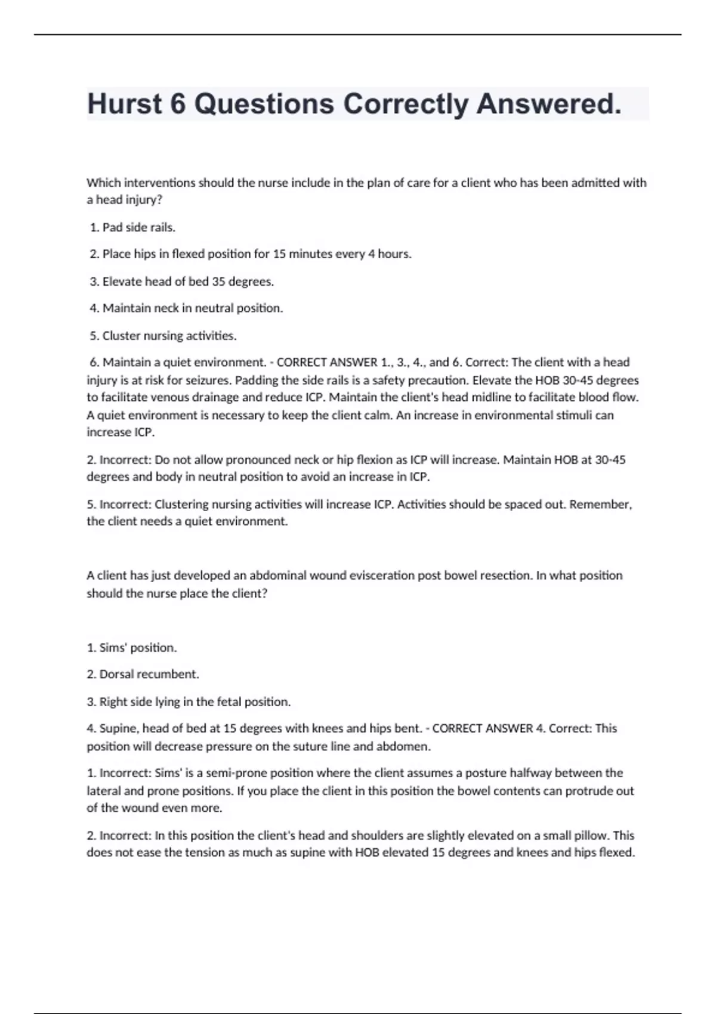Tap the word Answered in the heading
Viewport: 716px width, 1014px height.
[x=548, y=104]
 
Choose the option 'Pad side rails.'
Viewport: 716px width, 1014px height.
[x=138, y=227]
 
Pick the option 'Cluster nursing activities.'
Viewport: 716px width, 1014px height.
[x=169, y=336]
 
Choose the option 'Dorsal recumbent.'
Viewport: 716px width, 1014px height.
[x=149, y=674]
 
